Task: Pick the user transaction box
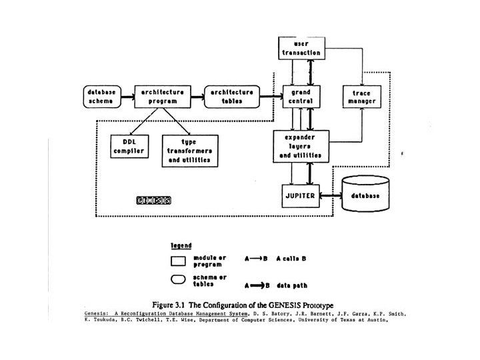coord(299,47)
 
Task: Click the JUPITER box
coord(301,195)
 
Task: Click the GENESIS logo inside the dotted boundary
coord(153,199)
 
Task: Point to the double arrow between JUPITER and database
coord(331,195)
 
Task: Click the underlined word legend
coord(181,245)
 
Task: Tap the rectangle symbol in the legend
coord(179,260)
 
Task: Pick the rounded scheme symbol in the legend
coord(179,281)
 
